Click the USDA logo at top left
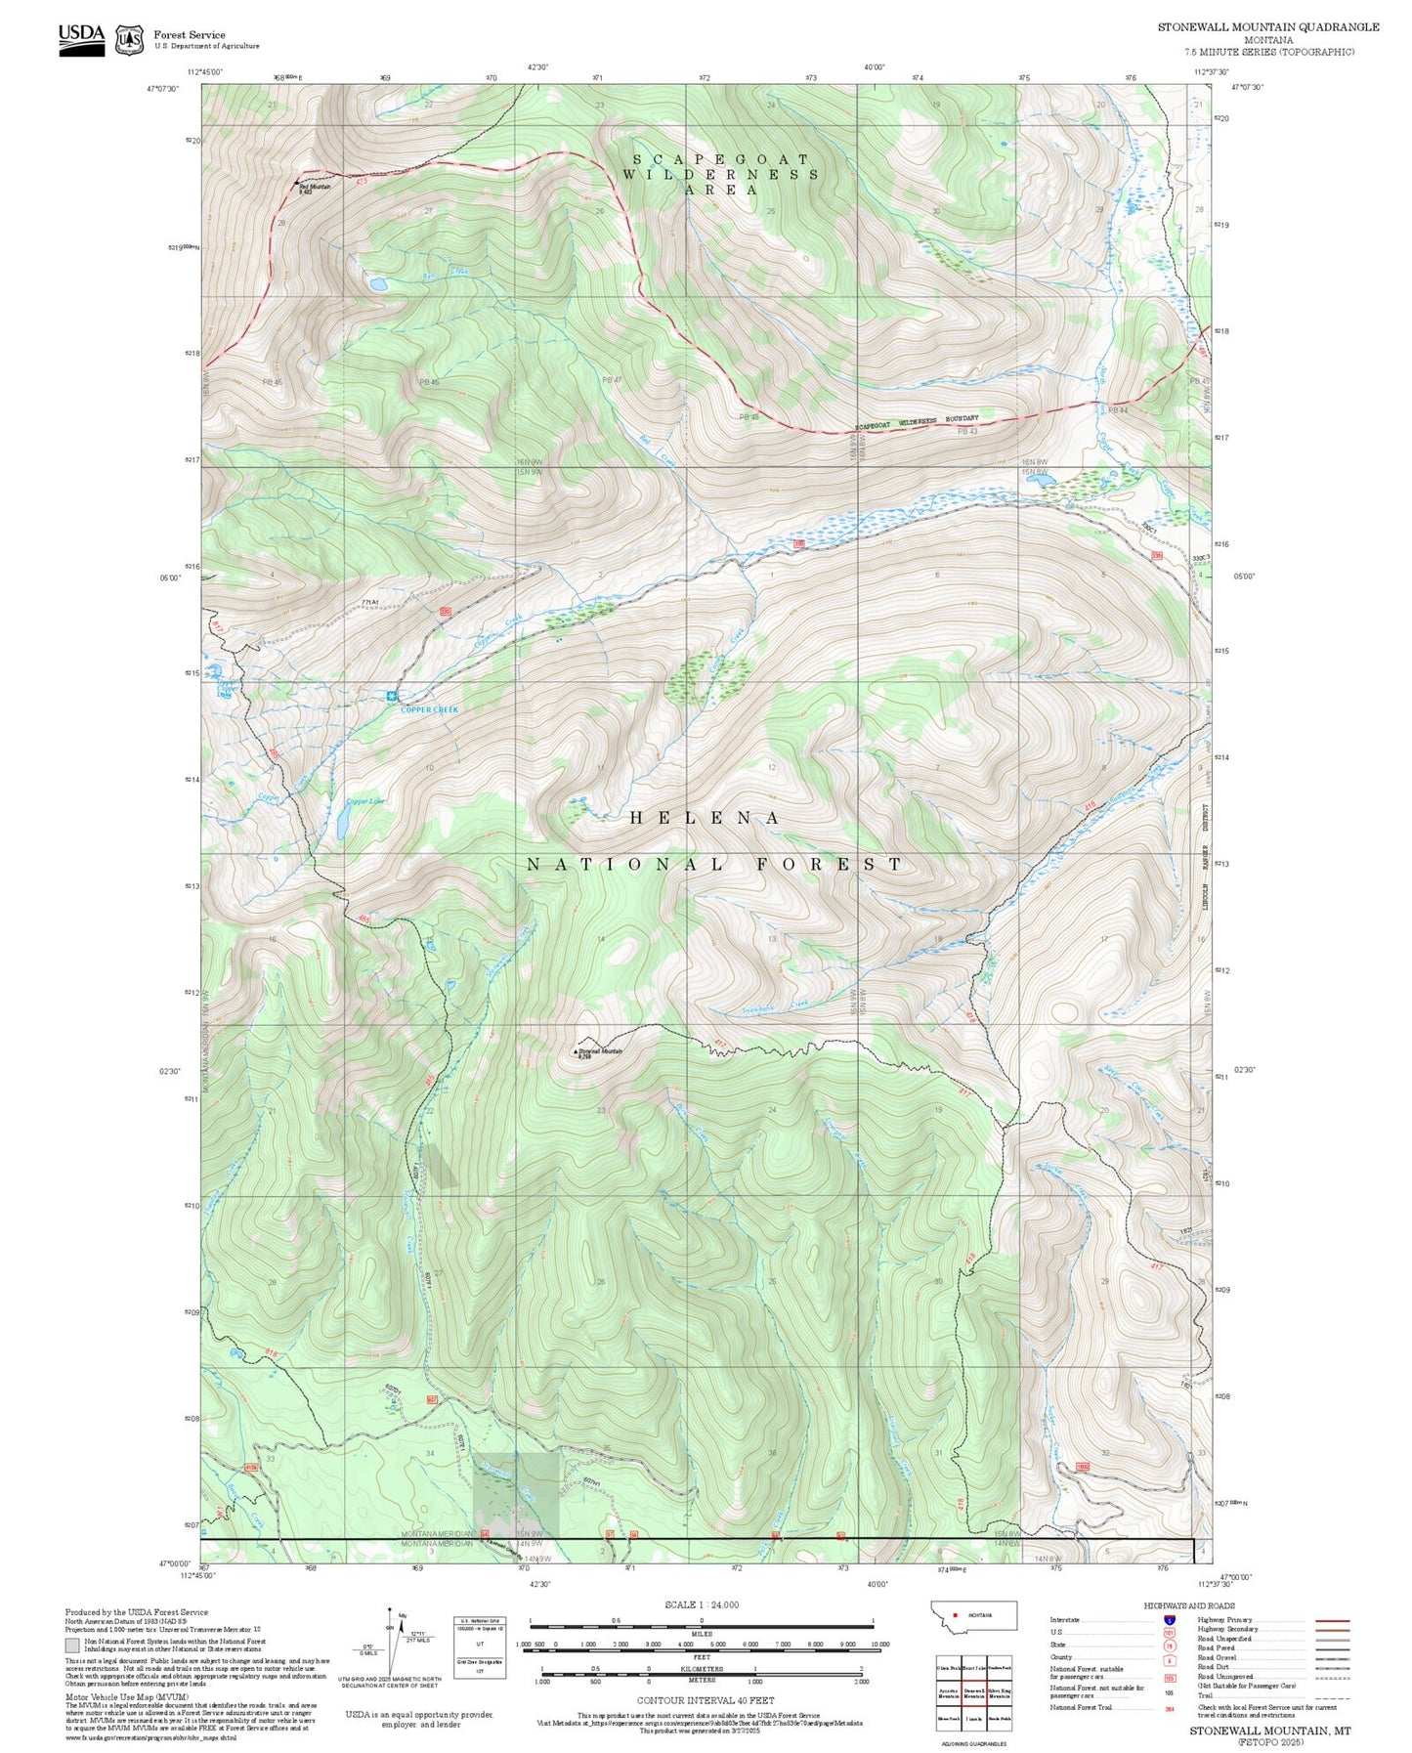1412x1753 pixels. tap(81, 38)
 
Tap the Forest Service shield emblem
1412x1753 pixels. tap(129, 40)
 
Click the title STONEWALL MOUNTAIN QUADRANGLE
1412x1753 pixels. tap(1268, 27)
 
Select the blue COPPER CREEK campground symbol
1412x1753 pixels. tap(392, 696)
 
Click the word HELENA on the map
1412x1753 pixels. tap(705, 818)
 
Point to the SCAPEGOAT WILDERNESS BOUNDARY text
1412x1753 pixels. tap(916, 422)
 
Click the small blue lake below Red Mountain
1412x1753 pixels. tap(377, 284)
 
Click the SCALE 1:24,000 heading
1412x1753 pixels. tap(702, 1604)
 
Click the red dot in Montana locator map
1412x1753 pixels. tap(955, 1615)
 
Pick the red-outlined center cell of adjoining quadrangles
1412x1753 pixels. tap(973, 1693)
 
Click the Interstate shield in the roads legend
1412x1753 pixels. tap(1169, 1620)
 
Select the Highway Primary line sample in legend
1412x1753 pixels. tap(1332, 1620)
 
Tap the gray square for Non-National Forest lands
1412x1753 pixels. tap(72, 1646)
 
